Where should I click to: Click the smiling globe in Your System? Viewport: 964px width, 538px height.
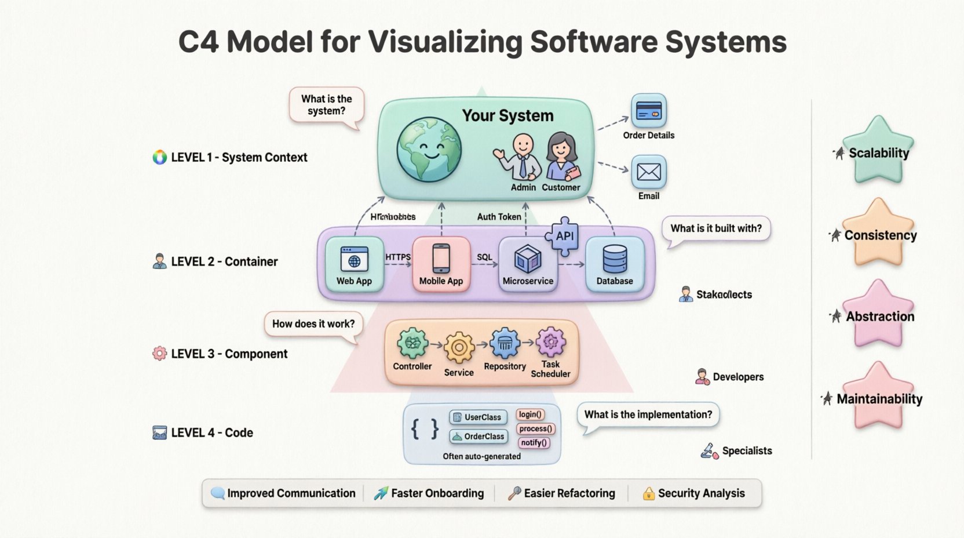coord(429,149)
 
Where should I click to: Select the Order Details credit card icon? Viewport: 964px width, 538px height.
coord(648,111)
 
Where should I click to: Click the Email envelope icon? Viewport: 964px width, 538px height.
coord(648,172)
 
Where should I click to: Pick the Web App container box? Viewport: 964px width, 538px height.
coord(354,264)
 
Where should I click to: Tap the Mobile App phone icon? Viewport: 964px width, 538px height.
coord(441,259)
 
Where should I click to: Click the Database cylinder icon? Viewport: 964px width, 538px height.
coord(615,259)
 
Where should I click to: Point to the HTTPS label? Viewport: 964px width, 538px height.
coord(398,257)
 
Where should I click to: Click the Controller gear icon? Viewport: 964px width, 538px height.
coord(412,344)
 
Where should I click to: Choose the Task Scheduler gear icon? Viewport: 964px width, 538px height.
coord(550,342)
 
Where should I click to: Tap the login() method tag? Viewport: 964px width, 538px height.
coord(530,415)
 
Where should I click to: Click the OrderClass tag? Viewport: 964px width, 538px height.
coord(479,437)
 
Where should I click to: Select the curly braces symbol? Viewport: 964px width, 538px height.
coord(425,430)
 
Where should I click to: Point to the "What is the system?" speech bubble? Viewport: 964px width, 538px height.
coord(327,105)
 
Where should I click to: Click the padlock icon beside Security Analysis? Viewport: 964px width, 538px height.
coord(649,494)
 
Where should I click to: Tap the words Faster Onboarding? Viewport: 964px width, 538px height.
coord(437,493)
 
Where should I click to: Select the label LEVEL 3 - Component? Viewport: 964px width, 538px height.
coord(229,354)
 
